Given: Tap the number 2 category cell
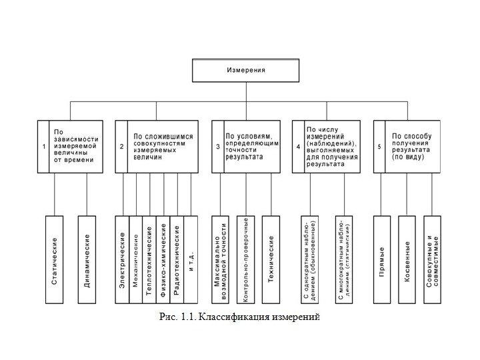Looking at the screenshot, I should coord(121,147).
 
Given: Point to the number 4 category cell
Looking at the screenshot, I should coord(298,147).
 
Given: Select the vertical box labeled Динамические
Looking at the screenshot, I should coord(87,261).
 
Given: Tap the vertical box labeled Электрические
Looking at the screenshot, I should coord(122,261).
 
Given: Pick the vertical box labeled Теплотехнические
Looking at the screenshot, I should coord(149,261).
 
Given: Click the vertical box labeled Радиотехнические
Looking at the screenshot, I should coord(177,261).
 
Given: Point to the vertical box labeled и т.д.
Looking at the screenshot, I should coord(191,261).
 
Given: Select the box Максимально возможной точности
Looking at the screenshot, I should coord(221,261).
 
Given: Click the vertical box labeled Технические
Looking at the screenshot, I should coord(271,261).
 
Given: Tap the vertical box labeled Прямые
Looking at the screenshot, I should coord(381,261).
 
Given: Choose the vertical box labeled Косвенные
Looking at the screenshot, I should coord(407,261).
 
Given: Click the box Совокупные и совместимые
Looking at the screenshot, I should coord(433,261).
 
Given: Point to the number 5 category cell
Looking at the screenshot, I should coord(379,147).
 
